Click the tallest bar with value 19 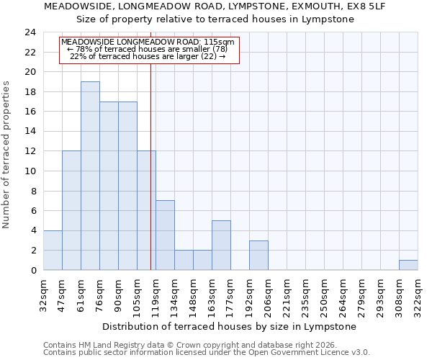[90, 176]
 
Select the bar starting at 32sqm [53, 251]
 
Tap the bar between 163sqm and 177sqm [221, 246]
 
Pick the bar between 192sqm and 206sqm [258, 256]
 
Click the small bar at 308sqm [408, 265]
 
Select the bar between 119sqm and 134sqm [165, 235]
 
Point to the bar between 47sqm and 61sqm [71, 211]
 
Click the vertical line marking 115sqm [150, 166]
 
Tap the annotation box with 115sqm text [148, 50]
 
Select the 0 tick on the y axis [33, 270]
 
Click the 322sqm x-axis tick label [418, 296]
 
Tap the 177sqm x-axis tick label [231, 296]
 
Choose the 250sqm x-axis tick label [325, 296]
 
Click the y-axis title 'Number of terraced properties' [7, 155]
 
